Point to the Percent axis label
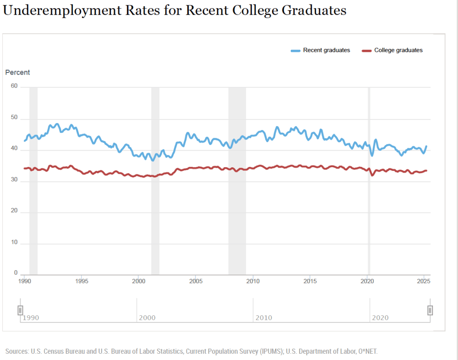click(x=17, y=72)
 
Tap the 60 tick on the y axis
click(x=13, y=86)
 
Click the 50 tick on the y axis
click(x=13, y=118)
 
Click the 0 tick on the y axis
click(x=15, y=272)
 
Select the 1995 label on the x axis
click(x=81, y=281)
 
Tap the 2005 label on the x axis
click(x=195, y=281)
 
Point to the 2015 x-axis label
click(x=310, y=281)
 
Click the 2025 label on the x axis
click(x=423, y=281)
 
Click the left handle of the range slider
click(x=20, y=310)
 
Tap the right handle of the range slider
click(x=430, y=310)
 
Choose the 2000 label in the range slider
click(x=147, y=318)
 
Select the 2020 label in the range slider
click(x=381, y=318)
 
